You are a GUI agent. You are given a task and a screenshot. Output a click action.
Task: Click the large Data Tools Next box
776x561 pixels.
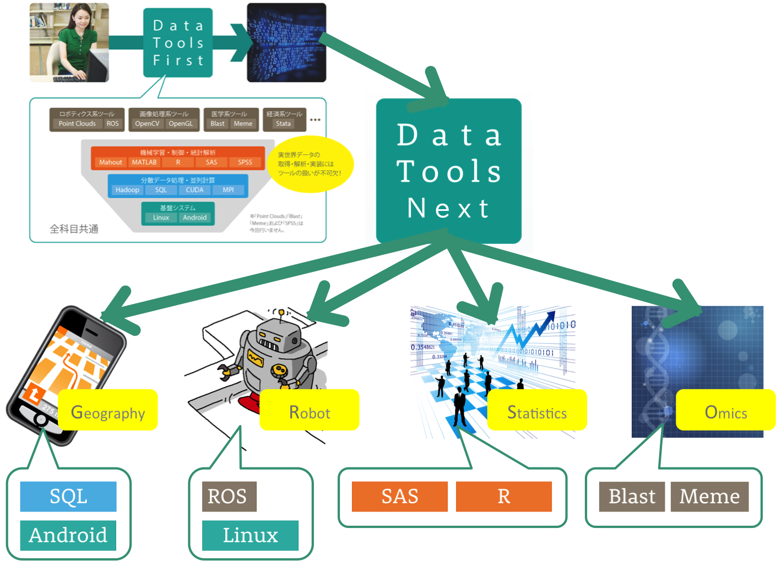point(448,171)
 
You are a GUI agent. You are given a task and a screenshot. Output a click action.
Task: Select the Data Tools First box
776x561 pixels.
point(177,42)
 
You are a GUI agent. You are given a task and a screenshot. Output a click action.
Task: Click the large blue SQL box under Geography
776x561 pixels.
point(68,496)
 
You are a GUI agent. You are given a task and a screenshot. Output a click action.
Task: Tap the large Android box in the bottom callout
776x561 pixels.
point(68,535)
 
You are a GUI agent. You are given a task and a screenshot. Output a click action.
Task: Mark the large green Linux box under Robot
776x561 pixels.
point(250,535)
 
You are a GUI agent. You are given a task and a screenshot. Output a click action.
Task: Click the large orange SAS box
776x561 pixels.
point(399,496)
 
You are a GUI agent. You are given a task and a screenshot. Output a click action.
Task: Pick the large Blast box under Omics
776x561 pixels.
point(632,496)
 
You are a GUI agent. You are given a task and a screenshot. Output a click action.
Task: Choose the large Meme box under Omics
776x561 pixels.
point(709,496)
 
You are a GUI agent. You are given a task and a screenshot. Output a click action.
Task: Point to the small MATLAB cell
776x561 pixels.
point(144,162)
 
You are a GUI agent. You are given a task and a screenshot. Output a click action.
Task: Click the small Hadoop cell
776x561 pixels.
point(127,190)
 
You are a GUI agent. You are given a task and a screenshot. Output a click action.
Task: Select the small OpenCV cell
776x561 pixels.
point(147,124)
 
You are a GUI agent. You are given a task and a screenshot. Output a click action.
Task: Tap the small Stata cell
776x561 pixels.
point(283,124)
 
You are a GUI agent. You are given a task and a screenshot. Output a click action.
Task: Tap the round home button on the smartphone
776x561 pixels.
point(40,420)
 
